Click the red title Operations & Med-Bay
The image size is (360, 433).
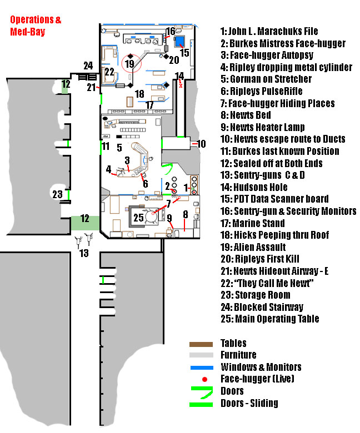click(36, 26)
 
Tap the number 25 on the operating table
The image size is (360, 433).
click(138, 218)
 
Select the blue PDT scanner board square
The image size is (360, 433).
click(179, 41)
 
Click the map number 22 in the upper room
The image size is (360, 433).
click(109, 72)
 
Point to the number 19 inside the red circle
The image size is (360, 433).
click(129, 64)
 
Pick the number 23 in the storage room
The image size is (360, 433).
click(57, 194)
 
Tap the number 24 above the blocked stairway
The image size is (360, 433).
click(88, 65)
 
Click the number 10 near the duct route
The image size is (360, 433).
click(201, 144)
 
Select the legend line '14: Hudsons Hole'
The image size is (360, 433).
click(254, 187)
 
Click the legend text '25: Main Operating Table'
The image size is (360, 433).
click(270, 319)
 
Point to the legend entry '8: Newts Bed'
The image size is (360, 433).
click(246, 115)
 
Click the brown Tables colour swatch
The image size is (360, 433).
click(201, 344)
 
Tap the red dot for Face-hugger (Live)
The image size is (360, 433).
click(206, 379)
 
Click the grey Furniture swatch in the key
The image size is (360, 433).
click(201, 355)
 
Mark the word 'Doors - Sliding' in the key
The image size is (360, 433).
click(249, 403)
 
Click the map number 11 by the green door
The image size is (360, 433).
click(106, 147)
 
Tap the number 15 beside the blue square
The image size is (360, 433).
click(184, 53)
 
